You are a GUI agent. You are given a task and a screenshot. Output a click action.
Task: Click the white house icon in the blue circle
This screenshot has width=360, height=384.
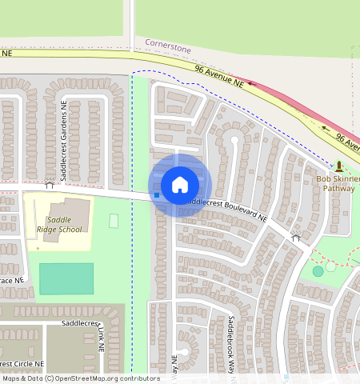(180, 185)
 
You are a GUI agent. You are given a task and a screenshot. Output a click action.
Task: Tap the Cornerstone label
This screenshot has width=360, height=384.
(168, 49)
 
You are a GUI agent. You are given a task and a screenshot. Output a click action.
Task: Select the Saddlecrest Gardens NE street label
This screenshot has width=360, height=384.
(62, 139)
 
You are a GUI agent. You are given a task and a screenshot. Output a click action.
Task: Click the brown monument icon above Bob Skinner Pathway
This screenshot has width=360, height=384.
(339, 166)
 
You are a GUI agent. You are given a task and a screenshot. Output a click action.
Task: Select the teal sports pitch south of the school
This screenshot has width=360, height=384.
(66, 278)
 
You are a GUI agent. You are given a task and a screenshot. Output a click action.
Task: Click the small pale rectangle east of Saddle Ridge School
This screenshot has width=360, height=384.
(114, 220)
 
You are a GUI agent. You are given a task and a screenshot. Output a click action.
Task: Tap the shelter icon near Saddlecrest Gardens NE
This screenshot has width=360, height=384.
(50, 185)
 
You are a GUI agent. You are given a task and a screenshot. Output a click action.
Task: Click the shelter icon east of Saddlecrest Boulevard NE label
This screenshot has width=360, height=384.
(295, 237)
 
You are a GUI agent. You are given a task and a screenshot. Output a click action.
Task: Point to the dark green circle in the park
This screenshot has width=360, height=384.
(318, 271)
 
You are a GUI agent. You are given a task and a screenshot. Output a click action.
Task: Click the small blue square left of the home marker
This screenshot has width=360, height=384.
(157, 194)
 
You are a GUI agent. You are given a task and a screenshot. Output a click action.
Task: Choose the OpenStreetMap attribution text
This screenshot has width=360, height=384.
(80, 378)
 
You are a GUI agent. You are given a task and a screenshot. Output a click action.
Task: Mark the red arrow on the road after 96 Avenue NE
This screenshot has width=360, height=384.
(250, 82)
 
